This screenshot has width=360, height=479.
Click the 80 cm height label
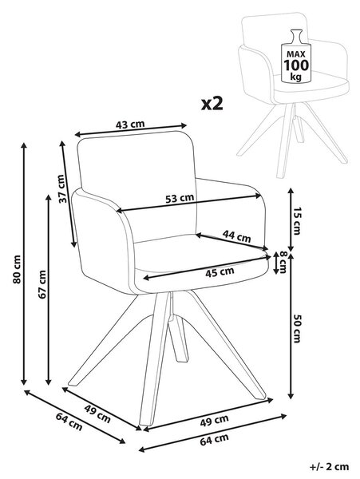tap(17, 269)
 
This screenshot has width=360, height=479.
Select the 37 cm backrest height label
tap(62, 188)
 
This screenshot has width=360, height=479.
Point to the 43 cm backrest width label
tap(130, 125)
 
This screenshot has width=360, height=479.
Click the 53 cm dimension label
tap(180, 198)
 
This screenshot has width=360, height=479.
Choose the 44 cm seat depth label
tap(236, 236)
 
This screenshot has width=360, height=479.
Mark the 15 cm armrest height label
tap(296, 220)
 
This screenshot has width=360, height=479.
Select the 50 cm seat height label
tap(296, 328)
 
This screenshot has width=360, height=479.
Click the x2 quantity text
tap(212, 104)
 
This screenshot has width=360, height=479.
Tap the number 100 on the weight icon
tap(296, 65)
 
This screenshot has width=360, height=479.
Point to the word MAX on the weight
tap(295, 54)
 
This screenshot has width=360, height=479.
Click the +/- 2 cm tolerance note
tap(329, 466)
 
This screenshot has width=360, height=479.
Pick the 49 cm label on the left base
tap(97, 414)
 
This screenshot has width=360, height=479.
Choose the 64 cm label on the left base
tap(69, 422)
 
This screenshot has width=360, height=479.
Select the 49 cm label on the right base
tap(214, 421)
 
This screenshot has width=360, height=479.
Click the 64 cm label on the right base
tap(214, 439)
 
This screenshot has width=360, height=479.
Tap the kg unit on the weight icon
tap(295, 77)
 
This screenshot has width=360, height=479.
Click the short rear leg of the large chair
tap(178, 338)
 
